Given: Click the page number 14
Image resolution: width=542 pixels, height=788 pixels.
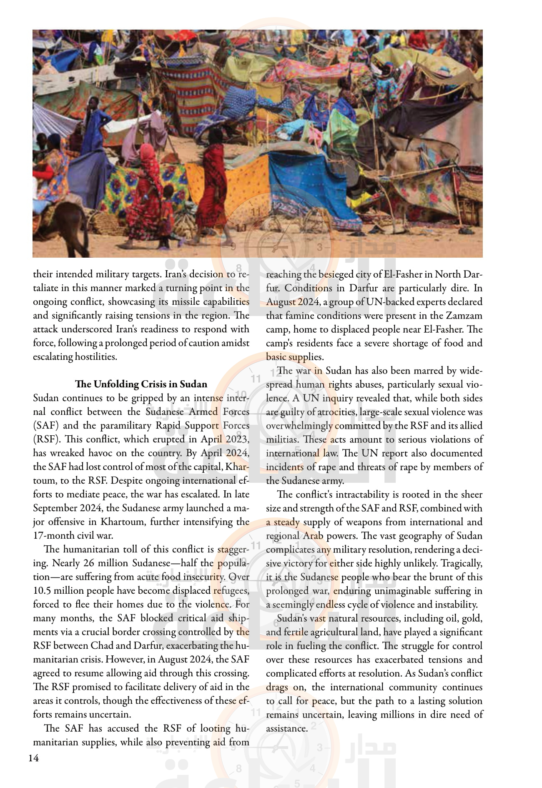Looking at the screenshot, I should point(34,758).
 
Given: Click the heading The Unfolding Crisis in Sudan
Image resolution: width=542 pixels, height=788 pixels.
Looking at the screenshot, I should point(141,384).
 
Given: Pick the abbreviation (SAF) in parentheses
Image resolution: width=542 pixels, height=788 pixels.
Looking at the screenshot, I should point(46,425).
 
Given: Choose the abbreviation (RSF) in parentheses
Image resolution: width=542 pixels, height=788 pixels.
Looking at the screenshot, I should point(46,439).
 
